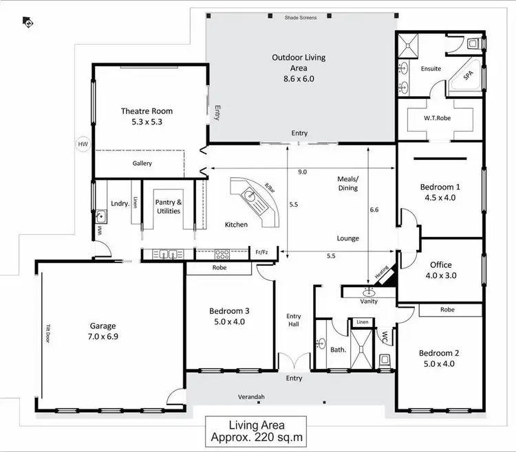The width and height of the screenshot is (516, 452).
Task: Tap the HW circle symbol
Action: pos(83,144)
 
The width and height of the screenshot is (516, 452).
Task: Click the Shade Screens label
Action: pos(301,18)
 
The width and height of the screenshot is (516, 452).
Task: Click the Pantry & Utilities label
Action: pos(169,206)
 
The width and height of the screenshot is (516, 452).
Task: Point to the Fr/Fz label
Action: pos(262,252)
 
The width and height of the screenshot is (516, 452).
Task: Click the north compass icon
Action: pos(29,23)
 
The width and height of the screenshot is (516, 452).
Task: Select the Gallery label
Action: pos(142,163)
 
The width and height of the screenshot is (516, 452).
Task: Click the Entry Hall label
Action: pos(294,320)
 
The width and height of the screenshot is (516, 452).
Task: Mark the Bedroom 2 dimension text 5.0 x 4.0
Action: pos(440,364)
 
